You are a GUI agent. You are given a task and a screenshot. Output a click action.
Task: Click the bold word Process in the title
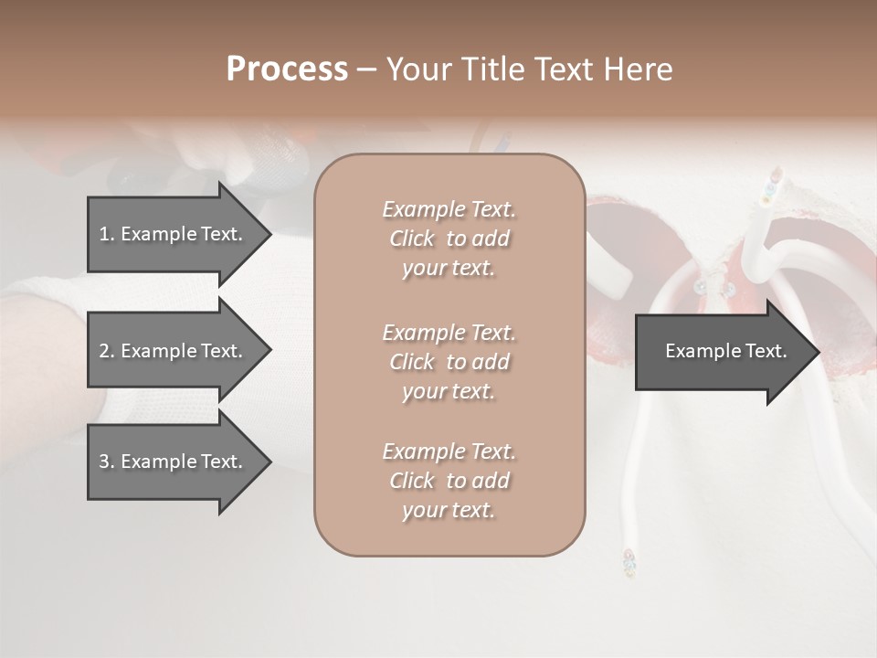(287, 69)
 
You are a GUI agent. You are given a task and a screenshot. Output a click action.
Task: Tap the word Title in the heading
(497, 69)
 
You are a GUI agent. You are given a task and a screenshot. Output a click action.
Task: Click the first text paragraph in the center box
(449, 239)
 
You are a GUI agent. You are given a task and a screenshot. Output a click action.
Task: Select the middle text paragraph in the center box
(449, 362)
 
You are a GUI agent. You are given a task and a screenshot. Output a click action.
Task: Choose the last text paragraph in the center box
(449, 481)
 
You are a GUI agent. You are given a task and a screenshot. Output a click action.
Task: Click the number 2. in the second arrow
(107, 351)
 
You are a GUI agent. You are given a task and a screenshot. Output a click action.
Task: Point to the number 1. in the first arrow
(107, 234)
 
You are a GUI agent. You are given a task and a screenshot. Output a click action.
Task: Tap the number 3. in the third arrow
(107, 462)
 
